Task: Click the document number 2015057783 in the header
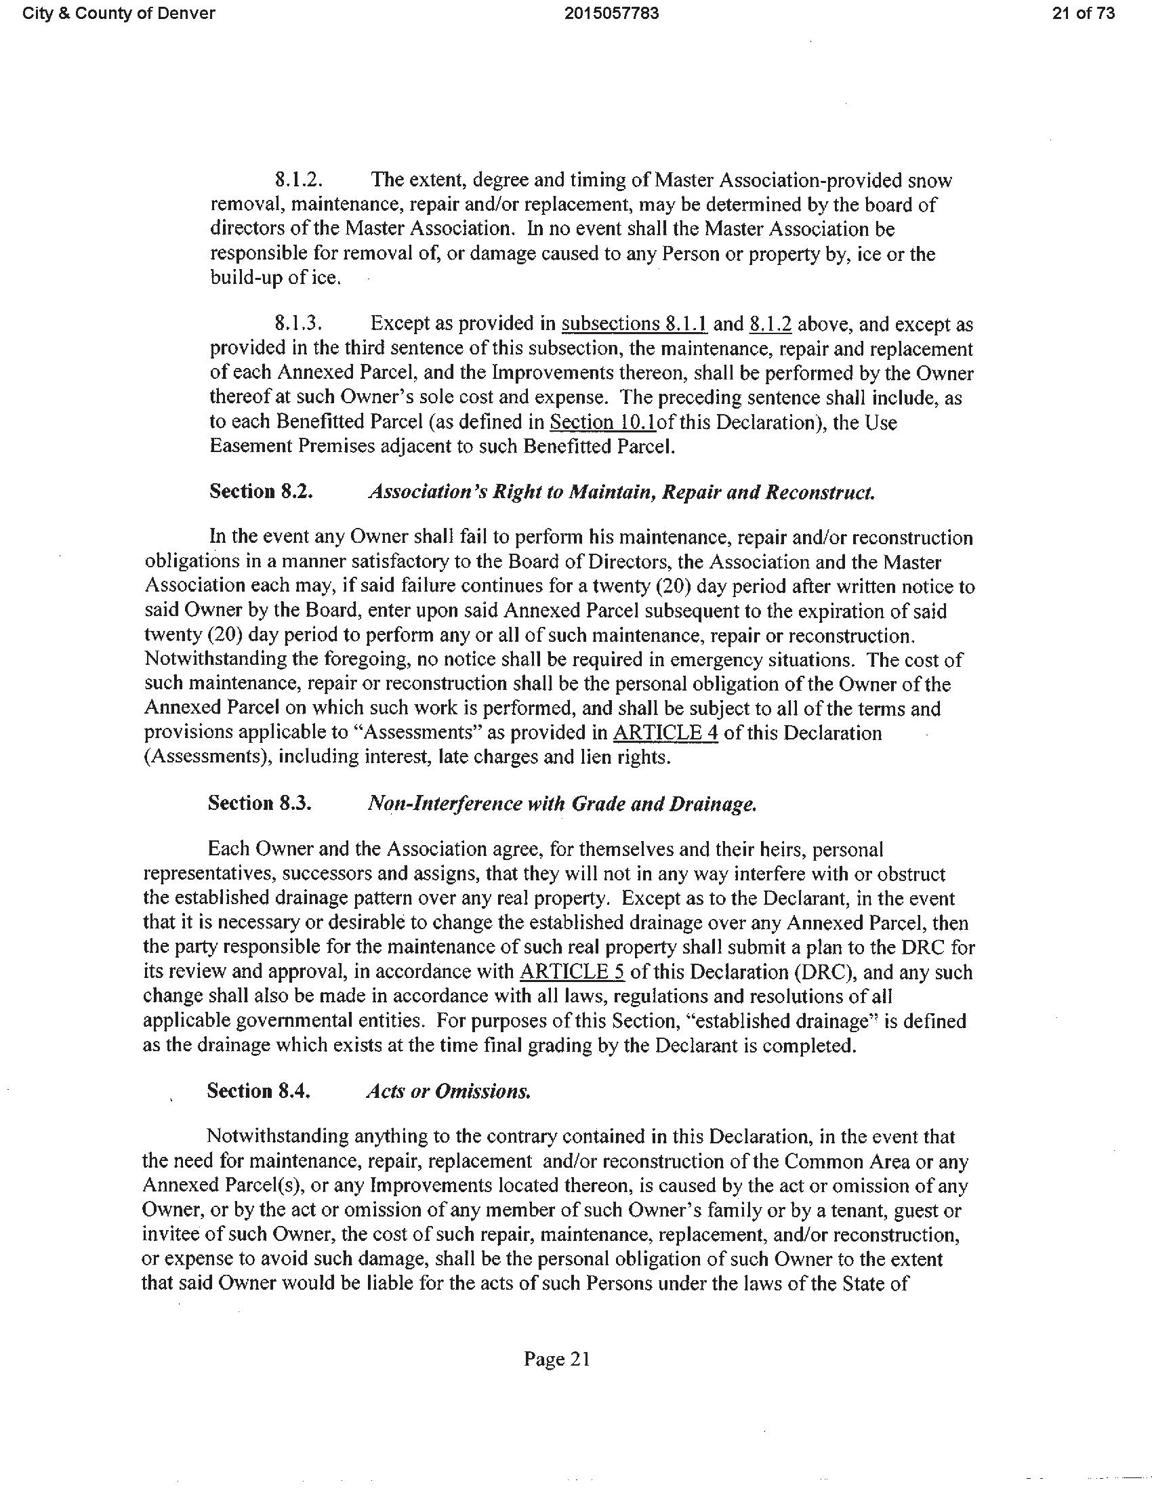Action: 611,14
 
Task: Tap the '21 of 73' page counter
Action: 1083,14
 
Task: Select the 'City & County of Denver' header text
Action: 119,14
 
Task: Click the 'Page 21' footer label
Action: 556,1359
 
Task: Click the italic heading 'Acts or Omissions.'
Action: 448,1091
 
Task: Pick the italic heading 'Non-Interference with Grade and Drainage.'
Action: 562,803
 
